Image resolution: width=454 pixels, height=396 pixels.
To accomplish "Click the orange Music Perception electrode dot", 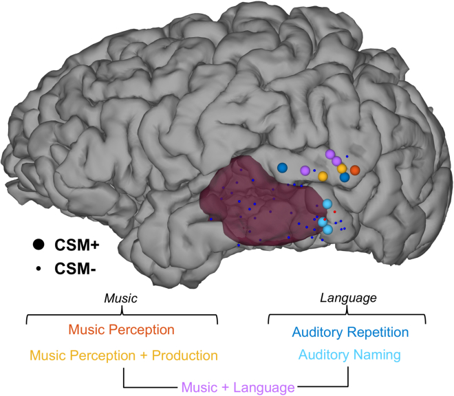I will (355, 170).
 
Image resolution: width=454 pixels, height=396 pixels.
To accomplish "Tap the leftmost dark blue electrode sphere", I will (282, 167).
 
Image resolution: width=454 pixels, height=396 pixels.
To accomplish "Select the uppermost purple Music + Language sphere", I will (329, 154).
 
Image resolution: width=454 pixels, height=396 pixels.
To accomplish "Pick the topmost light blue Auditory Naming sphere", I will (327, 203).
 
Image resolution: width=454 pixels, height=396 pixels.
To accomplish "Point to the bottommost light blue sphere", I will (327, 230).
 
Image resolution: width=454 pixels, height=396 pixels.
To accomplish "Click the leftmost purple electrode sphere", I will (305, 170).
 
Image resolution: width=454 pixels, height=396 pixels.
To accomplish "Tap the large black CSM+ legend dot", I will (39, 244).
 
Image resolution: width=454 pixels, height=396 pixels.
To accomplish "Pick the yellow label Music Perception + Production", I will (122, 355).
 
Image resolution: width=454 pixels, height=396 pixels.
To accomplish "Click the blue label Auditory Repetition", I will (350, 332).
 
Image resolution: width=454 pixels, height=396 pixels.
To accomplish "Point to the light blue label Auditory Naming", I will (349, 355).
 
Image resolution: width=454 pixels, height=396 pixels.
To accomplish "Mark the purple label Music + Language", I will (236, 388).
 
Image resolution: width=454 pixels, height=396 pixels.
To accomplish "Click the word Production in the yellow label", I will (184, 355).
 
